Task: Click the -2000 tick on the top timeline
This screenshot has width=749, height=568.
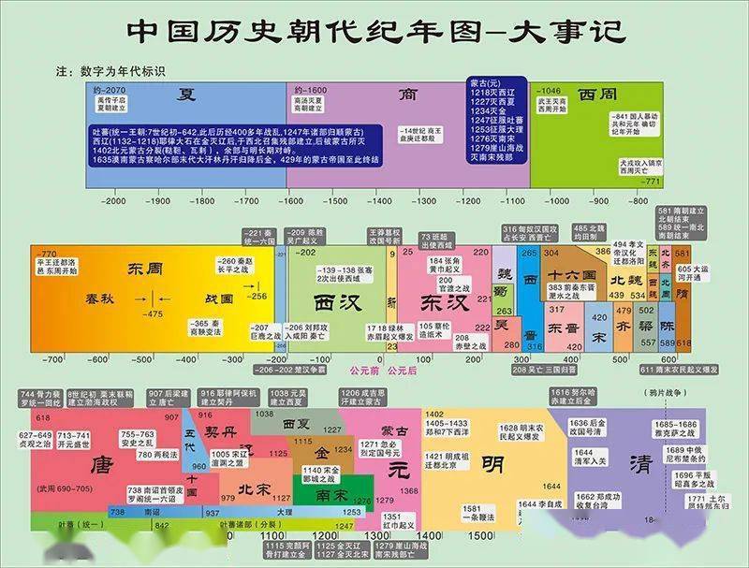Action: pos(114,200)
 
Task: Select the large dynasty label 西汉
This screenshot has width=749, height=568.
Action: pos(336,304)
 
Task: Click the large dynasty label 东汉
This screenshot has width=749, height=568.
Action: pos(436,304)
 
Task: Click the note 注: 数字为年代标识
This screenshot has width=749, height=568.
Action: pos(110,70)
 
